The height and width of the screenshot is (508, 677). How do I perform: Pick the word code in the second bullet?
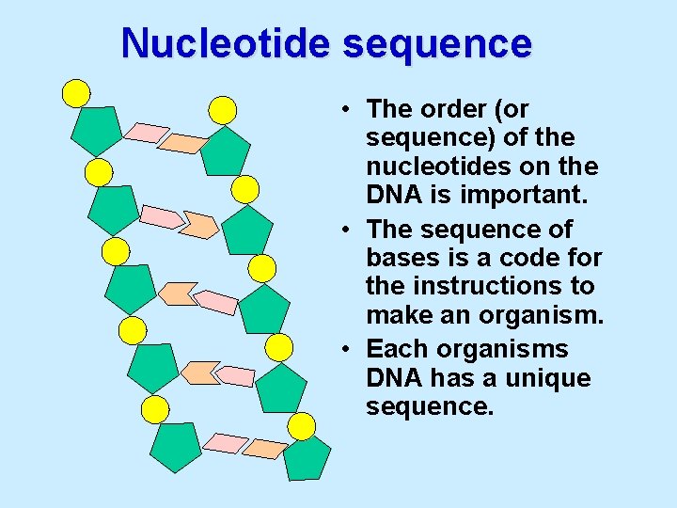[530, 258]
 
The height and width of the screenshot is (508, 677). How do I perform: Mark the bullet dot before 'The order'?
[348, 109]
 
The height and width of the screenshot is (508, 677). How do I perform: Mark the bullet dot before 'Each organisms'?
[348, 349]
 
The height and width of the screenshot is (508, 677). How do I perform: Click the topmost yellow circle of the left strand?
[76, 92]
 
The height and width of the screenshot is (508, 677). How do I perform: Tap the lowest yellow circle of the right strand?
[301, 426]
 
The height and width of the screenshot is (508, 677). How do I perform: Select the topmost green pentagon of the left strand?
[96, 130]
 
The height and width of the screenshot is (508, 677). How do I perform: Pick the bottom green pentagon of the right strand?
[307, 458]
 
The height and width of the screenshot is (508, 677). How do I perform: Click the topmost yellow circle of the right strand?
[222, 110]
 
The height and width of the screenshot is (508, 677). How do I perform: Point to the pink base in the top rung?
[147, 133]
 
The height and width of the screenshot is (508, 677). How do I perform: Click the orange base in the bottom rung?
[265, 448]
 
